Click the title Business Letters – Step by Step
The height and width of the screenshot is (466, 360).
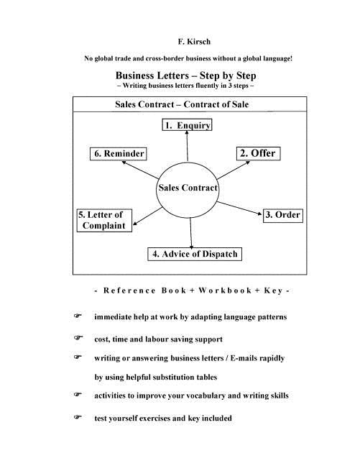186,75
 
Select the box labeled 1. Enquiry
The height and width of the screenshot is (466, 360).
187,126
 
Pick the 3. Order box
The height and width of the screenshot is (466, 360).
282,215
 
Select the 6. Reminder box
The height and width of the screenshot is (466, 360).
119,154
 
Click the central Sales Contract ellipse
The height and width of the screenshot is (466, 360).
188,188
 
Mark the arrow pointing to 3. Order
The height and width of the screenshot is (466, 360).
241,206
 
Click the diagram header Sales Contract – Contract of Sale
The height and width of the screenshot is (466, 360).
183,104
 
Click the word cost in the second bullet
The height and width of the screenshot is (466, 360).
102,339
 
